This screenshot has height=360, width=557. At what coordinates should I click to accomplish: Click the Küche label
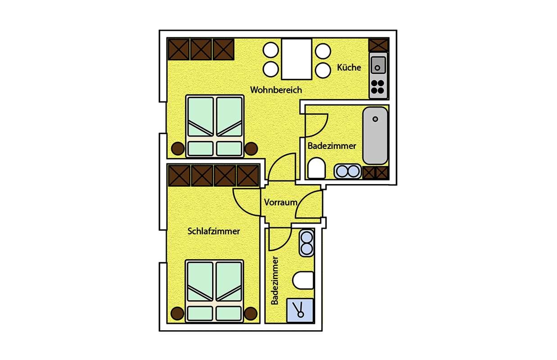[x=349, y=67]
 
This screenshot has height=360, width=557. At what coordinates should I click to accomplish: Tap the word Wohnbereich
[x=276, y=90]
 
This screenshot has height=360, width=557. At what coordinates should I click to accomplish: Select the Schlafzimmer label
[x=213, y=231]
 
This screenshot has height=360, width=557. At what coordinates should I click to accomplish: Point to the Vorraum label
[x=281, y=202]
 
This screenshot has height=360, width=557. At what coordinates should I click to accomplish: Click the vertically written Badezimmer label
[x=275, y=280]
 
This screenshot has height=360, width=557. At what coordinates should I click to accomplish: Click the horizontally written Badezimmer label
[x=332, y=146]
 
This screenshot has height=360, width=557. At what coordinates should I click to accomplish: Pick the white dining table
[x=296, y=59]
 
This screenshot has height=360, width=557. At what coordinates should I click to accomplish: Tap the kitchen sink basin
[x=378, y=65]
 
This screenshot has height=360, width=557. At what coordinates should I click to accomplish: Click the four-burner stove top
[x=378, y=87]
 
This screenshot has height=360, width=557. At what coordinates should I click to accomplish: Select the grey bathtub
[x=375, y=135]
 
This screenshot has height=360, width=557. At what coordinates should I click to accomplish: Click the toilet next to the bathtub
[x=317, y=168]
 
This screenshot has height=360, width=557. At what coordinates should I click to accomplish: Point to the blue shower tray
[x=300, y=311]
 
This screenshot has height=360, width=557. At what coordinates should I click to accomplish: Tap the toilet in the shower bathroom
[x=303, y=280]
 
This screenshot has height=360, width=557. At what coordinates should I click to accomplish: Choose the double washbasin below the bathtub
[x=348, y=171]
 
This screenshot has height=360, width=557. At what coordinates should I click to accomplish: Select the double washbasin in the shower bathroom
[x=307, y=243]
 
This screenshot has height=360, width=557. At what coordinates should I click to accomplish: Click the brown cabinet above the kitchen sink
[x=378, y=45]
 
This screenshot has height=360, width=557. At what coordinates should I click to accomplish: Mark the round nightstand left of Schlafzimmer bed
[x=177, y=313]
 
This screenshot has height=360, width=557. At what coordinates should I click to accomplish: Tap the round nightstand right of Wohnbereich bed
[x=251, y=148]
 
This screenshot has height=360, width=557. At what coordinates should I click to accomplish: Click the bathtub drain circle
[x=375, y=119]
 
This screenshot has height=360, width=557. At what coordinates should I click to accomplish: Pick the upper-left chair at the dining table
[x=271, y=50]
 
